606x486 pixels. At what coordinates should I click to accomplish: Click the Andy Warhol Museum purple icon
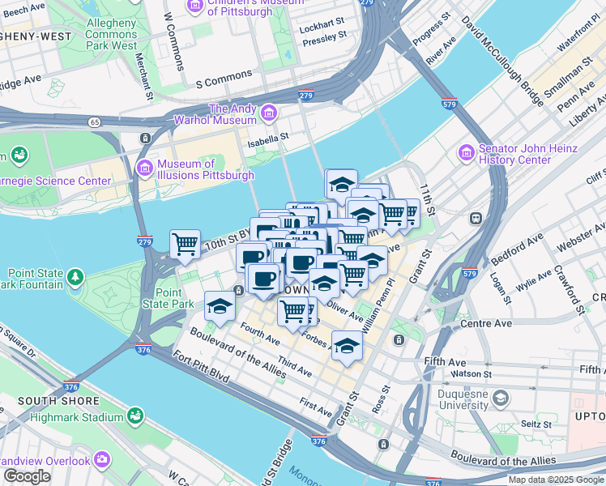[x=267, y=112]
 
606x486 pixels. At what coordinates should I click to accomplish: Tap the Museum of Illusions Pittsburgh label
[x=206, y=168]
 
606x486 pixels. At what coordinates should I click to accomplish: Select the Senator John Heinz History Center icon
[x=465, y=152]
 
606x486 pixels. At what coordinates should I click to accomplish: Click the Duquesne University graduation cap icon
[x=501, y=398]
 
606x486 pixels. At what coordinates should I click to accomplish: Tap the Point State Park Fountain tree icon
[x=75, y=278]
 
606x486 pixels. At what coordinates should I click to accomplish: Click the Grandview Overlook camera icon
[x=101, y=460]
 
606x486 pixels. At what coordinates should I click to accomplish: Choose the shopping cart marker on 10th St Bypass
[x=185, y=243]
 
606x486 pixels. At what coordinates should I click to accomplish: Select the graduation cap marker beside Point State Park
[x=220, y=306]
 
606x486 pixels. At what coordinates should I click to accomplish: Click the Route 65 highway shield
[x=96, y=122]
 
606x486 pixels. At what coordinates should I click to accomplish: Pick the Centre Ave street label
[x=486, y=323]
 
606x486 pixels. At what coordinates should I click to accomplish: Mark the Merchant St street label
[x=143, y=76]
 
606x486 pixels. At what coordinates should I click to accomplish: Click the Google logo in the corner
[x=27, y=476]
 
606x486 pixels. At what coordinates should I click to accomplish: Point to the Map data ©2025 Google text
[x=555, y=480]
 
